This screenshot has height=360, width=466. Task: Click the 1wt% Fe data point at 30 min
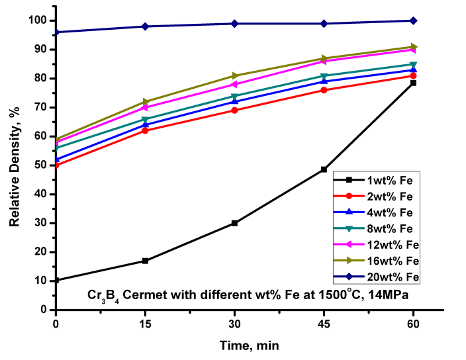coord(234,223)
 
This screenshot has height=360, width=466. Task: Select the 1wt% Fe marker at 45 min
coord(324,169)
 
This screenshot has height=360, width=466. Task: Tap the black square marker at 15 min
coord(145,261)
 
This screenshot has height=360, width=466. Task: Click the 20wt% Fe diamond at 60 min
coord(413,21)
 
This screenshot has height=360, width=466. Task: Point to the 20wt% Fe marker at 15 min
coord(145,26)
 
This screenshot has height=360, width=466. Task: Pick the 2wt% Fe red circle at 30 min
coord(234,110)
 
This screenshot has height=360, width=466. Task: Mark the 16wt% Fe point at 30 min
coord(234,75)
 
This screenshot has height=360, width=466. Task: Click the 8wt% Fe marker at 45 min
coord(324,76)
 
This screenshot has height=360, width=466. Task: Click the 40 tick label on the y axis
coord(42,194)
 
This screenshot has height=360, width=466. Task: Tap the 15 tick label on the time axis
coord(145,322)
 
